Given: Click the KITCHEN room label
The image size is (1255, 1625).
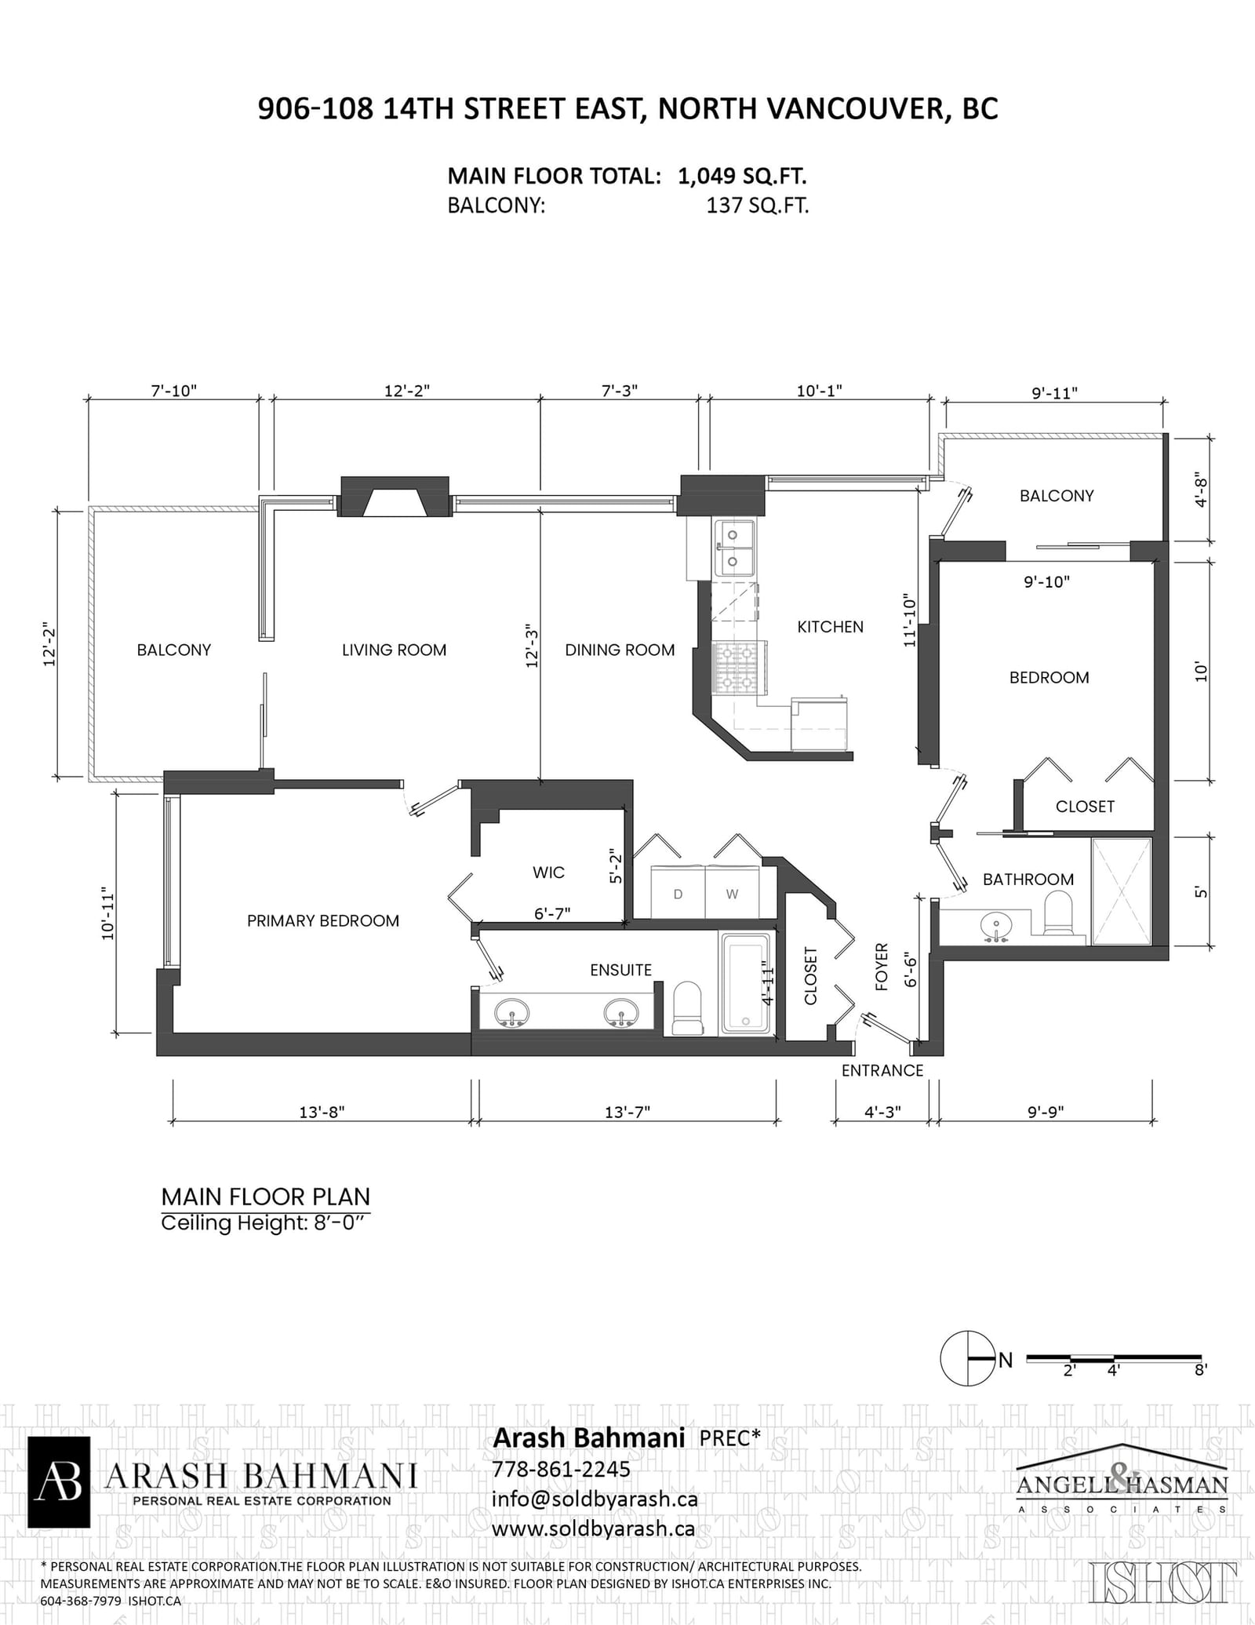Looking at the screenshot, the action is click(x=830, y=627).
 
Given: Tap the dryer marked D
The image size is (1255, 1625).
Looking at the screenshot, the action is click(x=678, y=892).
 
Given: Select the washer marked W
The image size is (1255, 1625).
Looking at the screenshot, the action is click(x=733, y=892).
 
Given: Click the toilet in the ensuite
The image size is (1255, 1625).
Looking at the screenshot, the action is click(x=688, y=1009).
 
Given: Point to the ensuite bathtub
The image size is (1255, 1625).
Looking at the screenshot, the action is click(x=746, y=984).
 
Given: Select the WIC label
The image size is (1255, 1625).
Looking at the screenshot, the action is click(x=548, y=873).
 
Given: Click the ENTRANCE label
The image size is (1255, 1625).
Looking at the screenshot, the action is click(x=882, y=1071).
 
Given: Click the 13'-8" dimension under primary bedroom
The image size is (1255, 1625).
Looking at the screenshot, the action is click(x=322, y=1112).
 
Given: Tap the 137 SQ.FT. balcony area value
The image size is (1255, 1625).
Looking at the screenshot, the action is click(x=757, y=206).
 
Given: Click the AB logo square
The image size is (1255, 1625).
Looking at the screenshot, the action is click(x=59, y=1482).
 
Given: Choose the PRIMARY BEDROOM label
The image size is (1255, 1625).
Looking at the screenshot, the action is click(x=323, y=921).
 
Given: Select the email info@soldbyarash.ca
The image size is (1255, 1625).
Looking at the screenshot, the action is click(x=595, y=1499).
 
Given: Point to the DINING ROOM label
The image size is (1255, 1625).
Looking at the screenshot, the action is click(x=620, y=650).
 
